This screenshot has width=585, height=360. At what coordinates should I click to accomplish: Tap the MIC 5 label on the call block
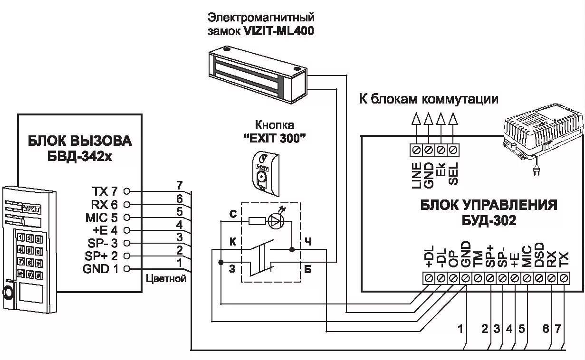point(102,217)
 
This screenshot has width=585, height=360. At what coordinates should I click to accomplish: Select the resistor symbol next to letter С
point(257,221)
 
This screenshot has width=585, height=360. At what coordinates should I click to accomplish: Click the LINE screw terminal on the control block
point(416,150)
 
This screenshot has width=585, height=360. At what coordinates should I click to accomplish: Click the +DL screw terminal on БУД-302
point(429,278)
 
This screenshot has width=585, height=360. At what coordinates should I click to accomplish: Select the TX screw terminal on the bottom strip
point(564,278)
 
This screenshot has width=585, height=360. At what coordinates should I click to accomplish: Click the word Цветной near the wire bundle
point(166,279)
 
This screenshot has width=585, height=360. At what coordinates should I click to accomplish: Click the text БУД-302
point(489,221)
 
